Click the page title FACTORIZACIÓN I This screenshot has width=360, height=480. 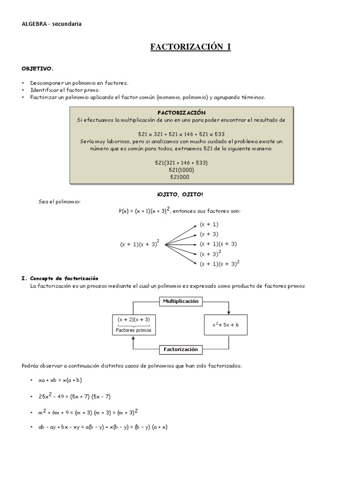tap(190, 47)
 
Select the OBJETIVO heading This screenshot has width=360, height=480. tap(41, 68)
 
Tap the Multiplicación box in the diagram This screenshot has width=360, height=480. tap(180, 301)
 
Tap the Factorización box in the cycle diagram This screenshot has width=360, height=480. tap(180, 349)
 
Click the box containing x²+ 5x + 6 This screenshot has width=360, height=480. tap(225, 325)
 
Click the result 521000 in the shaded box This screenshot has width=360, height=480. tap(181, 177)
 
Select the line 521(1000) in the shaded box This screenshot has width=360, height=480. tap(181, 170)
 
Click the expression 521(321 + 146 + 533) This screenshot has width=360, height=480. tap(181, 163)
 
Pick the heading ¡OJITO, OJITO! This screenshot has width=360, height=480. tap(180, 194)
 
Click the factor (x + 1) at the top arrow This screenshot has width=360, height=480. tap(209, 224)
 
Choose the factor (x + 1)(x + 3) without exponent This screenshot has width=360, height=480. tap(218, 244)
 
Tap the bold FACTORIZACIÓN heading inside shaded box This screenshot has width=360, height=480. tap(181, 113)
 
